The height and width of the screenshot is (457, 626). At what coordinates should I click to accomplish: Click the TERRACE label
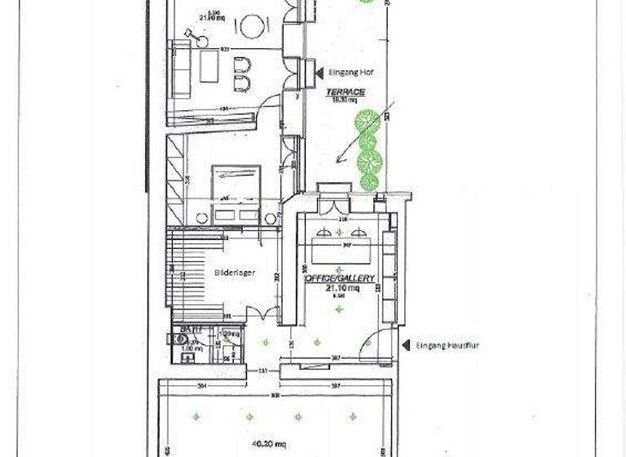click(x=346, y=92)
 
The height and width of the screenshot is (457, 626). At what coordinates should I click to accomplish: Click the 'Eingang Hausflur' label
click(x=447, y=345)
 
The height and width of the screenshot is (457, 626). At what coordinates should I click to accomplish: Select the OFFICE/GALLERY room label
click(x=340, y=278)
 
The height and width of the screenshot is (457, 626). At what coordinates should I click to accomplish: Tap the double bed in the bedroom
click(x=236, y=193)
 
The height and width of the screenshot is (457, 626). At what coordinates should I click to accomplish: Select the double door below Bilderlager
click(x=262, y=314)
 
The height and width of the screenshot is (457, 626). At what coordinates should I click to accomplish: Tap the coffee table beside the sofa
click(x=209, y=65)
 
